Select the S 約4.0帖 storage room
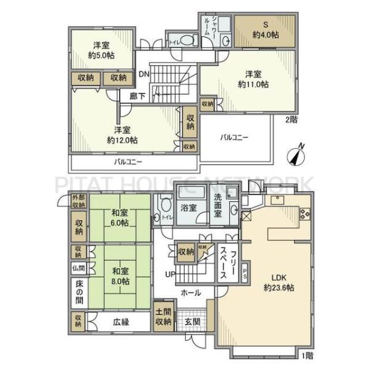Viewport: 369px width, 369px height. pyautogui.click(x=266, y=30)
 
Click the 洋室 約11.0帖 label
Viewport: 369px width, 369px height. pyautogui.click(x=253, y=79)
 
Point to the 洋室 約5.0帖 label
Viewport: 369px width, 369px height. pyautogui.click(x=101, y=50)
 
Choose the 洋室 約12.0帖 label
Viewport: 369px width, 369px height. pyautogui.click(x=122, y=135)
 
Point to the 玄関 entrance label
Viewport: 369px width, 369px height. pyautogui.click(x=192, y=322)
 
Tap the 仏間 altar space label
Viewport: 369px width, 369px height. pyautogui.click(x=77, y=268)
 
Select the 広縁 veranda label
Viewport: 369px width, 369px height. pyautogui.click(x=121, y=322)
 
